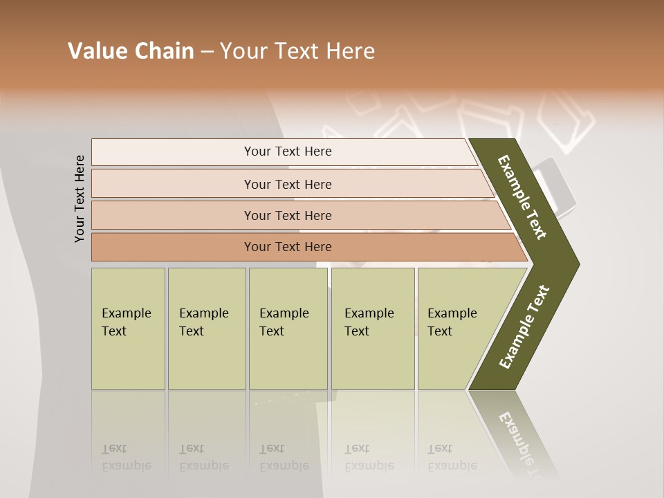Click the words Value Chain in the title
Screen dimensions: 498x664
pos(131,51)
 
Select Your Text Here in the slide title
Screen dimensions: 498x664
pos(297,51)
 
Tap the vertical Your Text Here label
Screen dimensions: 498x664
pos(80,199)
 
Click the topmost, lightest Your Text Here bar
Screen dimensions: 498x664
pos(287,151)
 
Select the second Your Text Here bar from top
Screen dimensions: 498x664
pos(287,184)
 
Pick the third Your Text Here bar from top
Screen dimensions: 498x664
pos(287,215)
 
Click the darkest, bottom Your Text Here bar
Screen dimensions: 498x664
pos(287,247)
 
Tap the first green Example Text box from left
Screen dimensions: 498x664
pos(128,329)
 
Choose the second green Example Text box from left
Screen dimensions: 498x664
pos(206,329)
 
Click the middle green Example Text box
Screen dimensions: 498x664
pos(288,329)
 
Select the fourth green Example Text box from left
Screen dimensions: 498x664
pos(372,329)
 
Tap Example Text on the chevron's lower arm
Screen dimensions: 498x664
pos(524,326)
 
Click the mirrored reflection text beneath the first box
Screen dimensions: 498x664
pos(126,458)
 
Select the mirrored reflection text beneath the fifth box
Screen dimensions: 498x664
pos(452,458)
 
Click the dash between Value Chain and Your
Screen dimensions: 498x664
pos(207,52)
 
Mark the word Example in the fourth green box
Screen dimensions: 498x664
pos(369,313)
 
